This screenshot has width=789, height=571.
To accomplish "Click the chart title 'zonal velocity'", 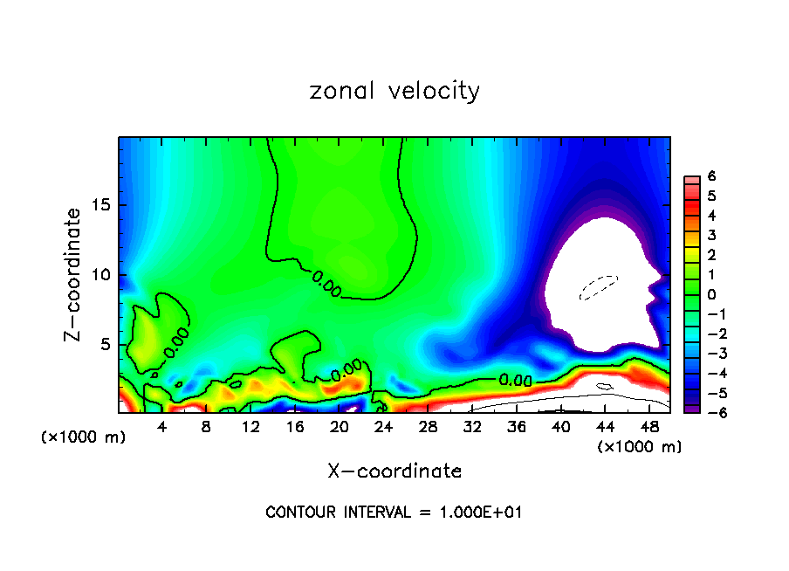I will click(394, 91).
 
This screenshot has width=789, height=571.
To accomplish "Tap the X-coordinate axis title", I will click(394, 471).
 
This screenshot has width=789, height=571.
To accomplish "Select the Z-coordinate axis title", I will click(74, 274).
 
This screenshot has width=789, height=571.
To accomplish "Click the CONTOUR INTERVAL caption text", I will click(394, 513).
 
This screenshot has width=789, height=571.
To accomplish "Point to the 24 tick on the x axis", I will click(383, 428).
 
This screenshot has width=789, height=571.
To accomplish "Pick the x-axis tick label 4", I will click(162, 428).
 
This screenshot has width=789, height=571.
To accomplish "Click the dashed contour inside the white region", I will click(599, 285).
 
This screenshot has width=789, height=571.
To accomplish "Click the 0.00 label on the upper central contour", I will click(326, 283).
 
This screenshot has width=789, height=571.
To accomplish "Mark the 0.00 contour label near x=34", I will click(516, 381).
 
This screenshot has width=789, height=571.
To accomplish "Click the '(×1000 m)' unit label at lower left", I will click(84, 437).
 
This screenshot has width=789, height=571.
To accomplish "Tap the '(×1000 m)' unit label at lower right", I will click(639, 447).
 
